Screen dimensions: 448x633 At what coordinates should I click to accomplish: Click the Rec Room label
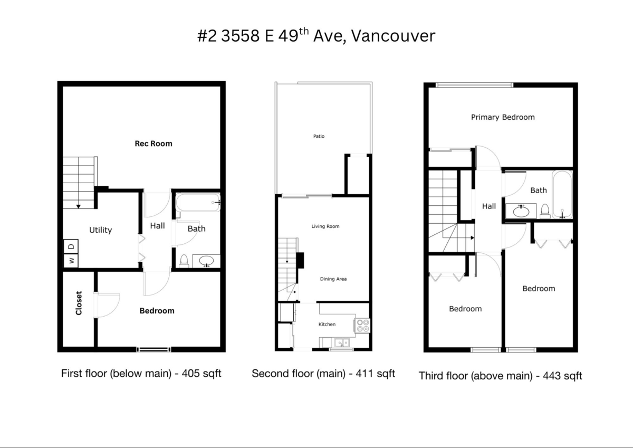point(153,143)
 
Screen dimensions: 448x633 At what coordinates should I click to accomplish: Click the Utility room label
point(100,230)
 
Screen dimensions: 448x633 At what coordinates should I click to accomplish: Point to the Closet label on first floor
point(79,303)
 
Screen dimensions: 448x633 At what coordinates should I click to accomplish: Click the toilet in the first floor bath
point(184,260)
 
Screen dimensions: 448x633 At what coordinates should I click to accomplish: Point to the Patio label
point(319,136)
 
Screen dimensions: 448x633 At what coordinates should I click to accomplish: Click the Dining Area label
point(333,279)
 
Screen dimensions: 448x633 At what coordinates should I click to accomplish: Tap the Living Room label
point(325,226)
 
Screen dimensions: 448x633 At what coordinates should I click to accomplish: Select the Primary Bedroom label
point(502,117)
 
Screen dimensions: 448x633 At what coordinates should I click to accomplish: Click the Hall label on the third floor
point(488,206)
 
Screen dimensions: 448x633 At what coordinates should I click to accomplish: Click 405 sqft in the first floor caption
point(201,374)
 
